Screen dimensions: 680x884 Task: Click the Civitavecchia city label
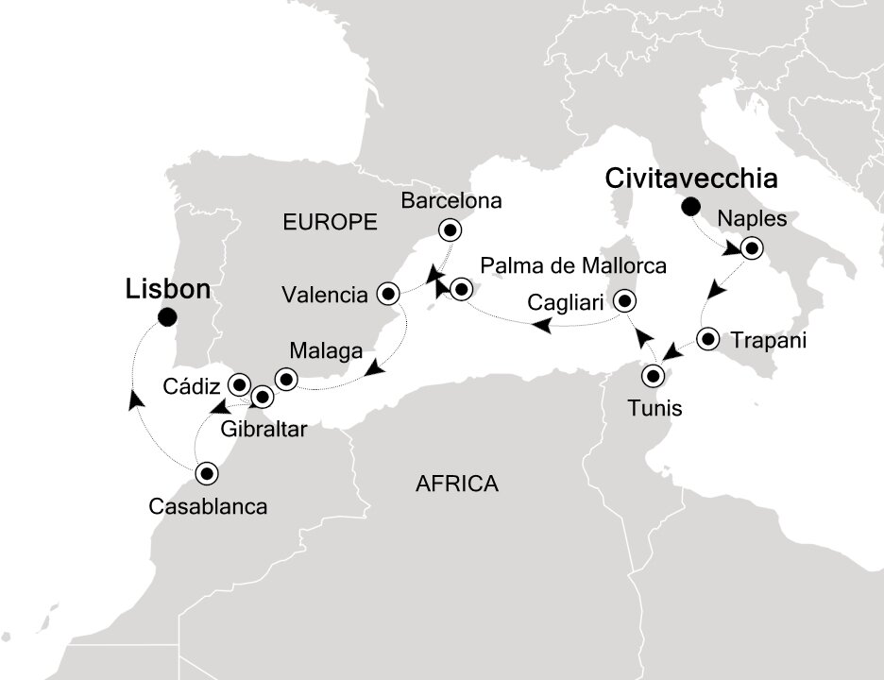point(692,178)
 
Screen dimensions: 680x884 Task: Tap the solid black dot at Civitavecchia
point(691,206)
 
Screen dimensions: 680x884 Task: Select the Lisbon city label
point(167,289)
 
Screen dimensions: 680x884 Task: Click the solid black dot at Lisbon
point(167,317)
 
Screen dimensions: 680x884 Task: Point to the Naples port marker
point(751,249)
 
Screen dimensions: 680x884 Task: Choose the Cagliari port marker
point(624,302)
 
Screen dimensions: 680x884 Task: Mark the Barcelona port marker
point(450,229)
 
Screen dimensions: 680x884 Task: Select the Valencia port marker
point(388,294)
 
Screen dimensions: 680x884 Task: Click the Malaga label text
point(326,351)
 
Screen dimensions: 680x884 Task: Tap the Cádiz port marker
point(239,384)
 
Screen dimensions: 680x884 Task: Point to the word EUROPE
point(331,223)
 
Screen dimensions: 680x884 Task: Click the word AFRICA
point(456,484)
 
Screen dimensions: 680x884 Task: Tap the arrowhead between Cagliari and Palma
point(542,326)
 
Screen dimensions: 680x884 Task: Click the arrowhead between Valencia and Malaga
point(375,370)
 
